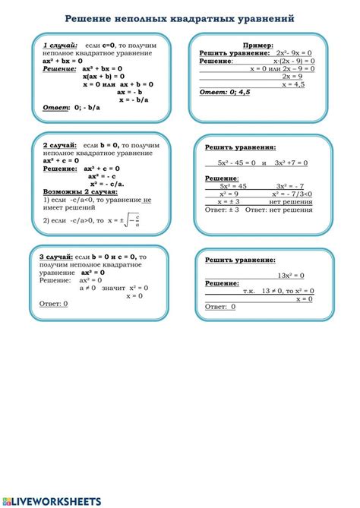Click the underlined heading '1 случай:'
(59, 46)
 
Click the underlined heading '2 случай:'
(57, 144)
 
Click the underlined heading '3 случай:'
(55, 258)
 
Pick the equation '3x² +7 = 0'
(291, 162)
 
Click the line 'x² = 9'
(229, 194)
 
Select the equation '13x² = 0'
(291, 275)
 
